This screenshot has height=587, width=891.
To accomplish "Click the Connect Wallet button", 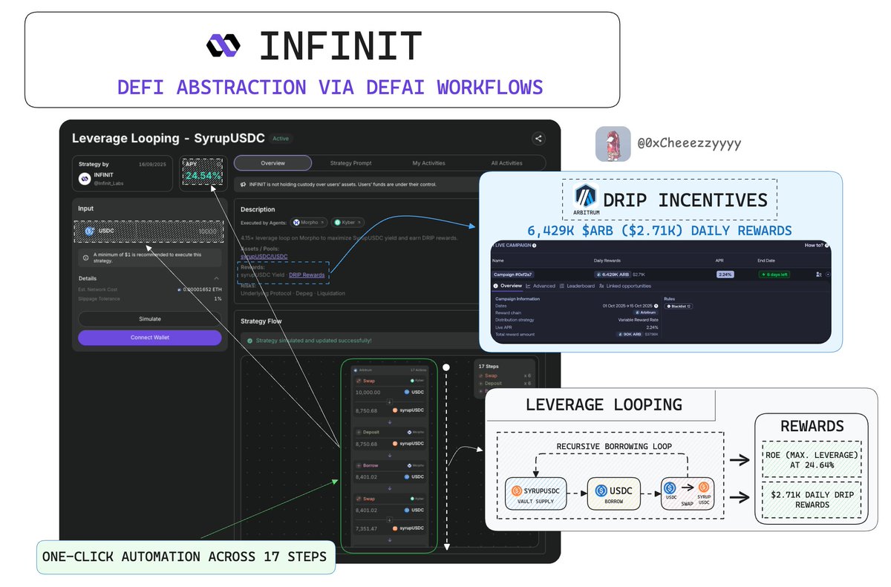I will [x=150, y=338].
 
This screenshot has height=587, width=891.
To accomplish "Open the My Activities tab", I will [x=428, y=163].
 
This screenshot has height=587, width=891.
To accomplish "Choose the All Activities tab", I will [x=506, y=163].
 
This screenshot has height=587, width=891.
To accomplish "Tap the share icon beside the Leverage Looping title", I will [x=538, y=138].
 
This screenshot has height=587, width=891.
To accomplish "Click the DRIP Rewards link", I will [x=307, y=275].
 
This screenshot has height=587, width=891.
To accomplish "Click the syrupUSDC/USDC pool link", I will [x=264, y=257].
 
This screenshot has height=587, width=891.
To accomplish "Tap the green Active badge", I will [x=280, y=138].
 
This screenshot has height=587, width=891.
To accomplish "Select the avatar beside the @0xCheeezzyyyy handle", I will [x=613, y=144].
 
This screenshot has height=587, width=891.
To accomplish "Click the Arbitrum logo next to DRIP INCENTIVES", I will [x=586, y=197].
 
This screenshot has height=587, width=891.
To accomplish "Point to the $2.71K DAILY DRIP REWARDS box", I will [x=812, y=500].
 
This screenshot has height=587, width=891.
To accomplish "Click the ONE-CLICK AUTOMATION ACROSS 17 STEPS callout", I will [x=185, y=557].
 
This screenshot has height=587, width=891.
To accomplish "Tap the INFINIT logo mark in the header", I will [x=223, y=46].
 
